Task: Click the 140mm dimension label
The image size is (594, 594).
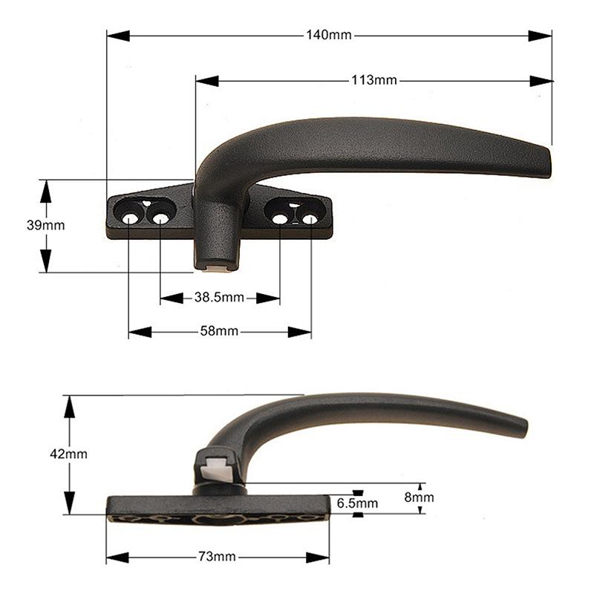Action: pyautogui.click(x=328, y=36)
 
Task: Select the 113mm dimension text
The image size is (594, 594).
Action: pyautogui.click(x=374, y=80)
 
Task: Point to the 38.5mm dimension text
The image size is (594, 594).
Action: pyautogui.click(x=219, y=298)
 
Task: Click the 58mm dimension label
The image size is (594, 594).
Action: pyautogui.click(x=219, y=332)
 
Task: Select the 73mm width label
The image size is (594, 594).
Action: pyautogui.click(x=218, y=557)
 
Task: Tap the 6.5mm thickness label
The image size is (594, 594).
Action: pyautogui.click(x=357, y=503)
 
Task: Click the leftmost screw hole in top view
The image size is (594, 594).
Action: pyautogui.click(x=129, y=219)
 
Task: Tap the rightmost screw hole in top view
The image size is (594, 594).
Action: pyautogui.click(x=310, y=219)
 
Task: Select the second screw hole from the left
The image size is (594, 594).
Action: pyautogui.click(x=160, y=218)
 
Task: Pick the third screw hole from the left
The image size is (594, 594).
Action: pyautogui.click(x=280, y=218)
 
